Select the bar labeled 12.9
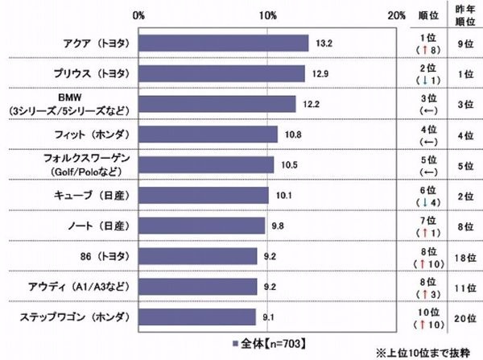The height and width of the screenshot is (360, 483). pyautogui.click(x=221, y=74)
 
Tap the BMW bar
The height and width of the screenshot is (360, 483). pyautogui.click(x=217, y=104)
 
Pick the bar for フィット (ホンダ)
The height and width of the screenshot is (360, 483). pyautogui.click(x=208, y=134)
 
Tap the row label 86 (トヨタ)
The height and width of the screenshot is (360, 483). pyautogui.click(x=94, y=257)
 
